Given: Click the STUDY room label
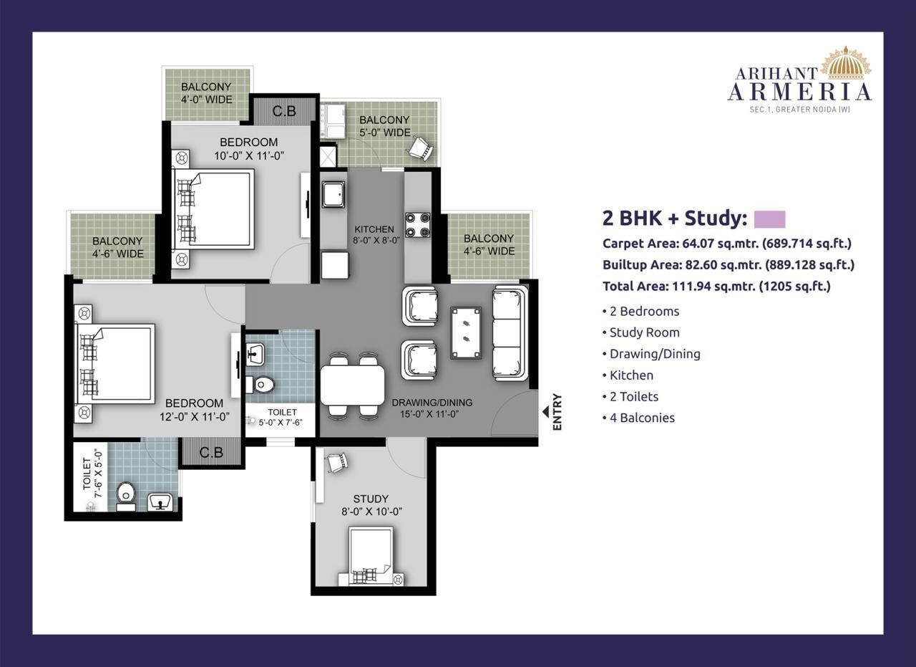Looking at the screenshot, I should pos(371,499).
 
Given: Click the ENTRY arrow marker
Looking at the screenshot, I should pos(546,412).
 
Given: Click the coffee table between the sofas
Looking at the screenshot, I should pos(466,332).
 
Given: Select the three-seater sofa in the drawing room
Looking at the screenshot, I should pos(510,332).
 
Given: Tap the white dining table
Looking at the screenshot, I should pos(352,385).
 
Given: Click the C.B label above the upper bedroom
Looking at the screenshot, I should pos(285,111).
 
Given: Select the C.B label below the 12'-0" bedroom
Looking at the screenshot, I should pos(211,453).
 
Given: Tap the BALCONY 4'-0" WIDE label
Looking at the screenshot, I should pos(206,93).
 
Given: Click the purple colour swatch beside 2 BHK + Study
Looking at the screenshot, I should pos(769,219).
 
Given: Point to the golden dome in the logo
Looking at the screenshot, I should pos(846,63).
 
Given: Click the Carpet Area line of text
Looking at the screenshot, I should pos(727,243).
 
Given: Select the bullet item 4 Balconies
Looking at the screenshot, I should pos(642,418).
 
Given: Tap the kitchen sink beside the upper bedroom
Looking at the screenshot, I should pos(333,193).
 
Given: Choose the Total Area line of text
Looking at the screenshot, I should pos(716,286).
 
